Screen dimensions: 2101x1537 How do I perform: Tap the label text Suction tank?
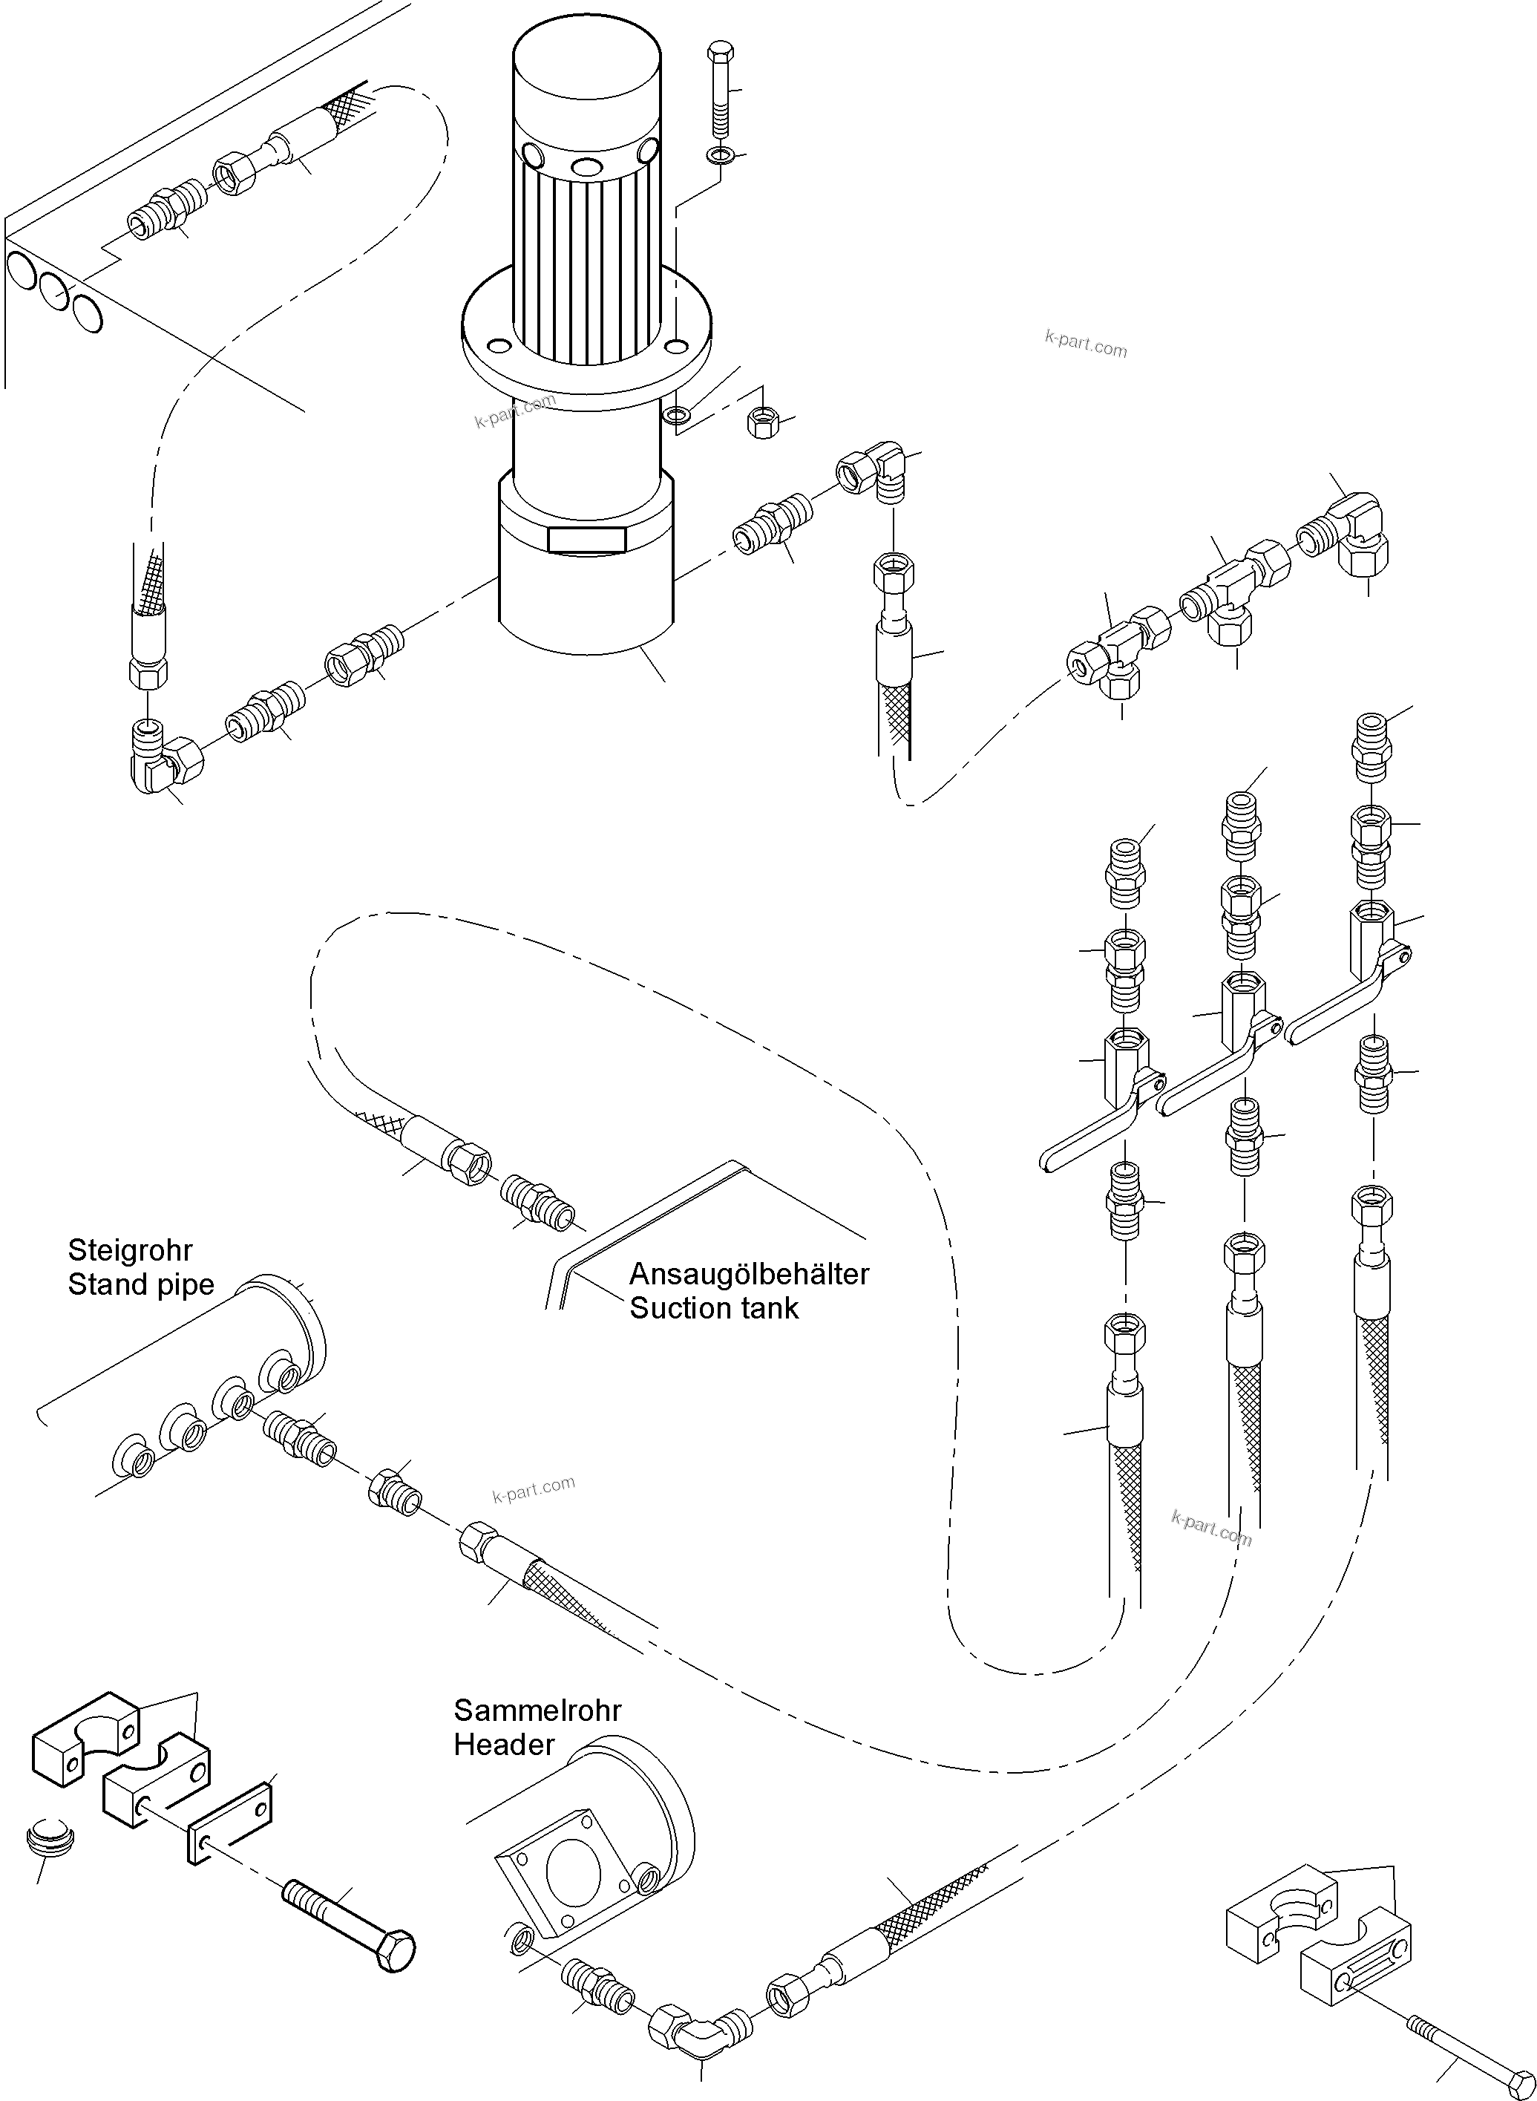714,1308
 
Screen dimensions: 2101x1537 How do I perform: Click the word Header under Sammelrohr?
503,1745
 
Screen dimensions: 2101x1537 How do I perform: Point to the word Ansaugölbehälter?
749,1274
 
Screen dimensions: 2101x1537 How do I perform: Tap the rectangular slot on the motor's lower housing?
586,540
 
